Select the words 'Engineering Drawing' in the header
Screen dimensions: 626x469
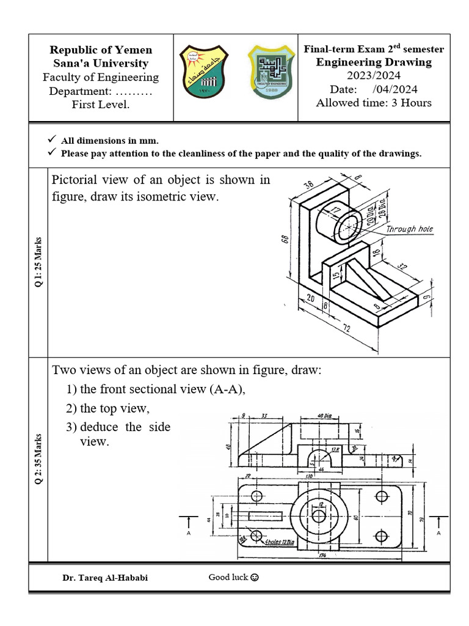click(373, 62)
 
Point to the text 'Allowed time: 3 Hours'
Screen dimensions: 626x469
click(373, 103)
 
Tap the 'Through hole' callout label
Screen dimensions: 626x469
click(409, 229)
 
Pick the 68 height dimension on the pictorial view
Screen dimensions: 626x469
click(285, 240)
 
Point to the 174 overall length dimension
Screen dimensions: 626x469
click(321, 555)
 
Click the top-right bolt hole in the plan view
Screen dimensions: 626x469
click(382, 495)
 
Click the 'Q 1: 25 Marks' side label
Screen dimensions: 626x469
click(38, 262)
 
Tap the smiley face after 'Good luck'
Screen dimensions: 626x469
click(255, 577)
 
